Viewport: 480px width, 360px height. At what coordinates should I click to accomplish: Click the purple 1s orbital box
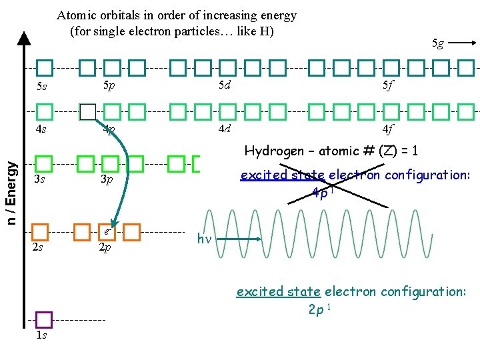[x=44, y=320]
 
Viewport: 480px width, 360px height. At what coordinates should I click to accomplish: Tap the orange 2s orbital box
[x=40, y=231]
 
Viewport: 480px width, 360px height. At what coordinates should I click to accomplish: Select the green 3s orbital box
[x=44, y=163]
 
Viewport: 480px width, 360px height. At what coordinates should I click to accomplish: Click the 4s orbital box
[x=44, y=111]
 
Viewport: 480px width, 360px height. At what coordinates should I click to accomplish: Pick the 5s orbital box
[x=44, y=67]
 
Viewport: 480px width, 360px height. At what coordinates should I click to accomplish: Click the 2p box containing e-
[x=107, y=231]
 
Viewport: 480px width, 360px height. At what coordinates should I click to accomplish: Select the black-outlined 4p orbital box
[x=87, y=111]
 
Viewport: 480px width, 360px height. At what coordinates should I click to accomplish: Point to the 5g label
[x=437, y=43]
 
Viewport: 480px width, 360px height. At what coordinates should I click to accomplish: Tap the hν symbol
[x=204, y=239]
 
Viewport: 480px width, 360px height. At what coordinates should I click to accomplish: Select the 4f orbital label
[x=387, y=129]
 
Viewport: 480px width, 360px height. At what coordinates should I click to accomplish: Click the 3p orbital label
[x=107, y=179]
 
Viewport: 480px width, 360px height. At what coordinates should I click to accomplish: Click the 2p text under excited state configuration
[x=319, y=309]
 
